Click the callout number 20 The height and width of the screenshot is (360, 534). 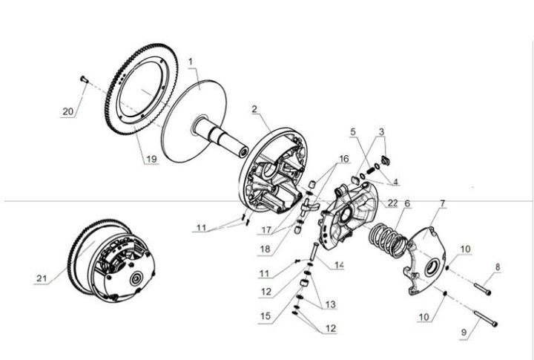[68, 111]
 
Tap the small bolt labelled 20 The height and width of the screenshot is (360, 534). [84, 79]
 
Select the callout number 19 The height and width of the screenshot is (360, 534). [151, 159]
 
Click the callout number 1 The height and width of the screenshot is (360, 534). [191, 62]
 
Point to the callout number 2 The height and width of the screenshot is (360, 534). [254, 109]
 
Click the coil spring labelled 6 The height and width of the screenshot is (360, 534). [388, 240]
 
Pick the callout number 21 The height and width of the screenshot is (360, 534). [42, 278]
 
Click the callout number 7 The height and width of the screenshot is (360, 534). [443, 203]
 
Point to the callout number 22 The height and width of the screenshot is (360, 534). [392, 203]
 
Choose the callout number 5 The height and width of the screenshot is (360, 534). [353, 131]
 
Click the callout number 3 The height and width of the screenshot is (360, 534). [381, 131]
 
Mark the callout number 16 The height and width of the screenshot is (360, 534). [344, 159]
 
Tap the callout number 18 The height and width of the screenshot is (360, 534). [265, 249]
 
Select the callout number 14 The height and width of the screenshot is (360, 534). [339, 265]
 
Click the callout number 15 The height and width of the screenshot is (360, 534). [266, 315]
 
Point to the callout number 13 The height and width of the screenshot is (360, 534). [330, 304]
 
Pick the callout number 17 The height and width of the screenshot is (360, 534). [266, 230]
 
